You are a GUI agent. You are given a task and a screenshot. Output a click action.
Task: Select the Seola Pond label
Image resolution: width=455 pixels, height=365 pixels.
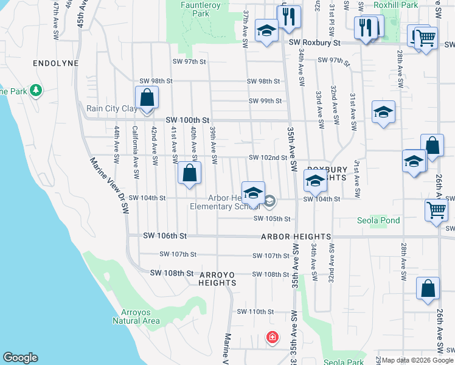pyautogui.click(x=378, y=220)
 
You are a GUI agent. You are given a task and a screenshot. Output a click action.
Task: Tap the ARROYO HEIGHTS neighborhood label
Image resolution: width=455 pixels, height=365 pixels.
pyautogui.click(x=217, y=278)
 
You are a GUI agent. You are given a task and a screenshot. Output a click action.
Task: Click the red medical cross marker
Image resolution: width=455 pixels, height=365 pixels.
pyautogui.click(x=272, y=336)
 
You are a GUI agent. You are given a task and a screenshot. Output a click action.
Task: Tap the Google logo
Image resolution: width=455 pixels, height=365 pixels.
pyautogui.click(x=20, y=358)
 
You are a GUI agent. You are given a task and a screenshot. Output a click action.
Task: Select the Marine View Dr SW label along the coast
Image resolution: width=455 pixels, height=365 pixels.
pyautogui.click(x=109, y=186)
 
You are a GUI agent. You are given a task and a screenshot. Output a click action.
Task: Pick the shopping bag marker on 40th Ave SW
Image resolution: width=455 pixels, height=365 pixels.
pyautogui.click(x=190, y=173)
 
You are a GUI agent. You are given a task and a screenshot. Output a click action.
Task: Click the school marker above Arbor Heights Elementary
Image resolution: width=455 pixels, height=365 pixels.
pyautogui.click(x=253, y=193)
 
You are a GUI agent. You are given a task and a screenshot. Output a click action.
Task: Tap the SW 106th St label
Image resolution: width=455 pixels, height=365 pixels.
pyautogui.click(x=165, y=235)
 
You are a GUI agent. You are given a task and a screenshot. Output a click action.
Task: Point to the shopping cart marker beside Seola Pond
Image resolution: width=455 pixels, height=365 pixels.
pyautogui.click(x=436, y=210)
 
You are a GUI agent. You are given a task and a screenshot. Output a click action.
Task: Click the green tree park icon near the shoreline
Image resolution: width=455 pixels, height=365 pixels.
pyautogui.click(x=36, y=91)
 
